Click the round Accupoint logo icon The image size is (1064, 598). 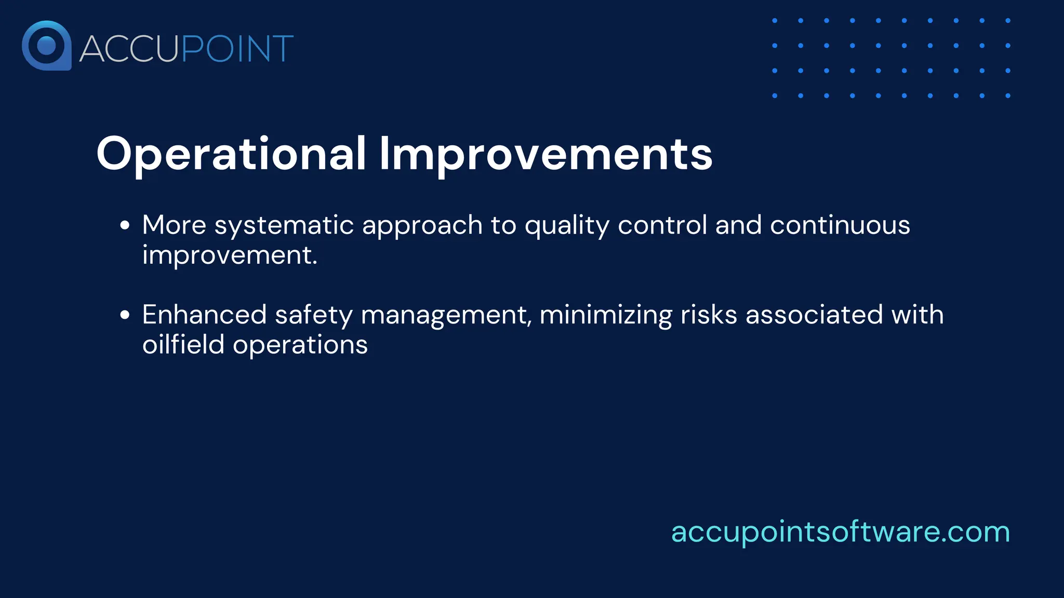(46, 46)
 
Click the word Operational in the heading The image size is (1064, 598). (231, 154)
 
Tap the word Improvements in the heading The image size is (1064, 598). (546, 154)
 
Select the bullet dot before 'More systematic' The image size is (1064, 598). (125, 225)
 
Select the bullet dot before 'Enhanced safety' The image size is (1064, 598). (125, 315)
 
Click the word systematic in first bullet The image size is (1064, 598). (284, 225)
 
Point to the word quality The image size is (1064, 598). (567, 226)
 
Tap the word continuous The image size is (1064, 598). (840, 225)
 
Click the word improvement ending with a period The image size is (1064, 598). (230, 255)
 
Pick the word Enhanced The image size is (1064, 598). (204, 315)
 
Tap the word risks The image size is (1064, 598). (709, 315)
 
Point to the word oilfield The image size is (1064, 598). (183, 345)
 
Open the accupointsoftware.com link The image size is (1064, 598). (840, 532)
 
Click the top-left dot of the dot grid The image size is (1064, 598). (775, 21)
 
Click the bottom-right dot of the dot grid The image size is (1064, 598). (1008, 96)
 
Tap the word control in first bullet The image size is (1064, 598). (662, 225)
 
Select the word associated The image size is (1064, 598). (814, 315)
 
